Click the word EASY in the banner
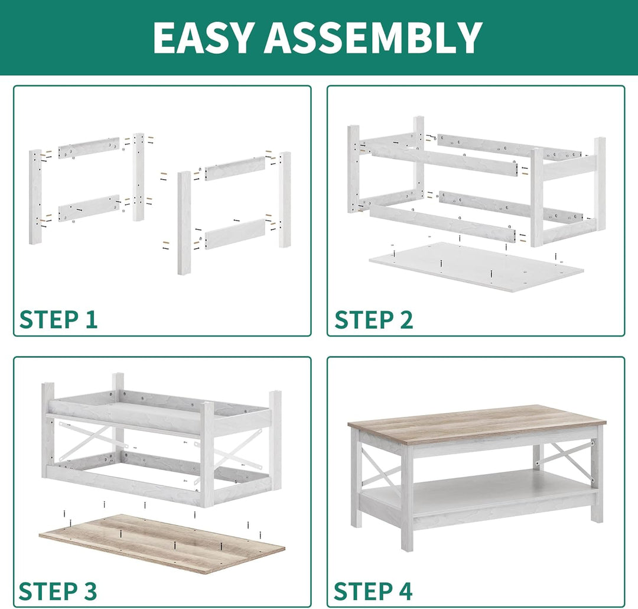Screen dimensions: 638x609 pyautogui.click(x=203, y=37)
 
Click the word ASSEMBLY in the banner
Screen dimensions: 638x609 pyautogui.click(x=374, y=37)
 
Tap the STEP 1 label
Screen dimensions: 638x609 pyautogui.click(x=58, y=319)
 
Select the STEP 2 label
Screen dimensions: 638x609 pyautogui.click(x=373, y=319)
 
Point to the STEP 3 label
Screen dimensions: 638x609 pyautogui.click(x=58, y=591)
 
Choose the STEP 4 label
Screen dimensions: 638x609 pyautogui.click(x=373, y=591)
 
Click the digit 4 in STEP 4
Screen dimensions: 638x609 pyautogui.click(x=405, y=591)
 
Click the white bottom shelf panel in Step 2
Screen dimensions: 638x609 pyautogui.click(x=476, y=267)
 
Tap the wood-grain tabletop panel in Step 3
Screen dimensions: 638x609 pyautogui.click(x=162, y=543)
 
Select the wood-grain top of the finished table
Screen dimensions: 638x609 pyautogui.click(x=477, y=425)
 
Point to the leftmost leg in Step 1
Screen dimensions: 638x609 pyautogui.click(x=35, y=197)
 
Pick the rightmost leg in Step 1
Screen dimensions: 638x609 pyautogui.click(x=285, y=200)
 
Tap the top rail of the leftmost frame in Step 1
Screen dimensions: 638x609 pyautogui.click(x=89, y=148)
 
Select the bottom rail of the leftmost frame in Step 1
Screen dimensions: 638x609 pyautogui.click(x=89, y=208)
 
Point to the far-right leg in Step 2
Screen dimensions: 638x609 pyautogui.click(x=600, y=183)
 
